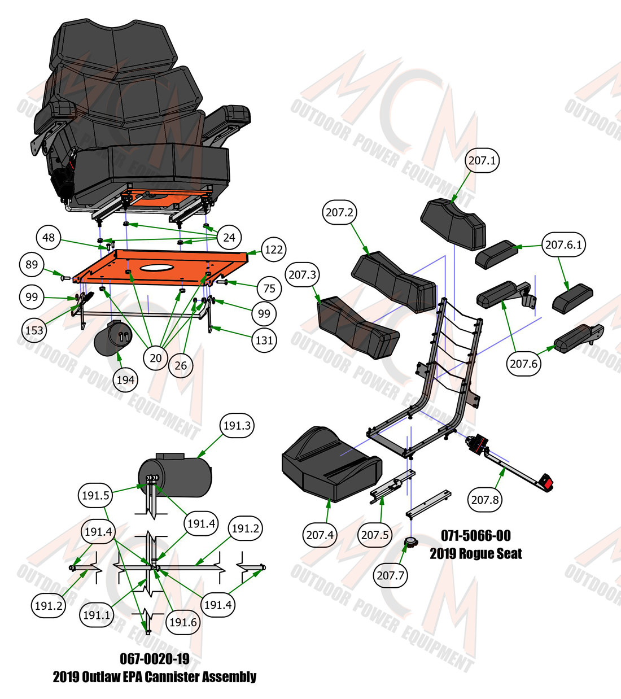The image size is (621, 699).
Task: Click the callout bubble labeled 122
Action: (274, 250)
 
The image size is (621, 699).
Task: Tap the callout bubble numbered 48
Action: (49, 237)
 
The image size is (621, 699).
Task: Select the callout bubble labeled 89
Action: (32, 265)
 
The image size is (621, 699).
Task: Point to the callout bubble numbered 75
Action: (269, 289)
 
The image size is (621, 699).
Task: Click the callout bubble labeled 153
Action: (34, 330)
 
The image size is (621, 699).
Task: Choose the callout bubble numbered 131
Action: (264, 340)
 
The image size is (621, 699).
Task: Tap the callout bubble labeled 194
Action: (125, 380)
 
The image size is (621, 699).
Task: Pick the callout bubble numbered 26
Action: (181, 366)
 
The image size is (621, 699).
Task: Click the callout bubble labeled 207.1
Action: (482, 160)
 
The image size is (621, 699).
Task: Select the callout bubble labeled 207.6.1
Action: (563, 244)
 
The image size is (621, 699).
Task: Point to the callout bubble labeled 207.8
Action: (485, 500)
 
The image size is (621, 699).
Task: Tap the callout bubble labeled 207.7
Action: (391, 575)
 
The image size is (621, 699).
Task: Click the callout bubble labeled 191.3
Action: (237, 425)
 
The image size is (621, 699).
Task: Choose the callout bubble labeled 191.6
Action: (183, 622)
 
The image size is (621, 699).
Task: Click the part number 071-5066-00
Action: (476, 535)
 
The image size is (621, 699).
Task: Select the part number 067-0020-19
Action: (155, 659)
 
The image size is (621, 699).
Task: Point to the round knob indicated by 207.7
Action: (410, 543)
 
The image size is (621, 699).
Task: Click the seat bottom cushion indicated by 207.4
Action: (332, 464)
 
